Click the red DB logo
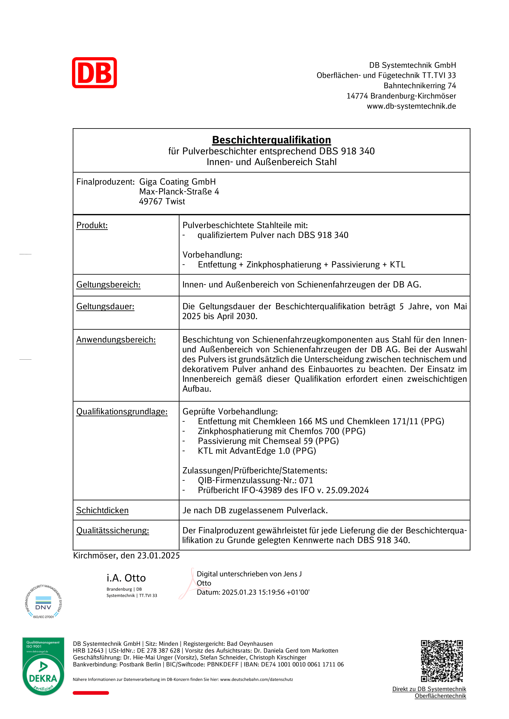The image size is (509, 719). (94, 73)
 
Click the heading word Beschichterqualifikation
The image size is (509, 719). (271, 140)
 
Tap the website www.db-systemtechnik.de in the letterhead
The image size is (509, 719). (411, 106)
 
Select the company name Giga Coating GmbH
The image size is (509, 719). (177, 182)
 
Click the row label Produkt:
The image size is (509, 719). (92, 225)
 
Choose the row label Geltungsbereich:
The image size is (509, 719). (108, 285)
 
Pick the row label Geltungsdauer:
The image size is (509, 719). (105, 306)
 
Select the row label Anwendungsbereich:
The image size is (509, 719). (116, 340)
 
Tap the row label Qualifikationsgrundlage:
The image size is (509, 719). (122, 412)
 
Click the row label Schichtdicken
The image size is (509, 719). (102, 511)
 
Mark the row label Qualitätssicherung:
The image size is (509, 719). (113, 531)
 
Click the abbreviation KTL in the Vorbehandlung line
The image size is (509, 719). (397, 265)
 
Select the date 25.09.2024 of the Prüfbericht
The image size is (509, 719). (347, 490)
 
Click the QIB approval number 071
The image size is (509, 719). (306, 480)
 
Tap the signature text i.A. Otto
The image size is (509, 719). (126, 578)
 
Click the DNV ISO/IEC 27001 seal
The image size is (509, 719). (43, 602)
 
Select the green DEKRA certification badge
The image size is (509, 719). (43, 666)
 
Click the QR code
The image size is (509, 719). (442, 661)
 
